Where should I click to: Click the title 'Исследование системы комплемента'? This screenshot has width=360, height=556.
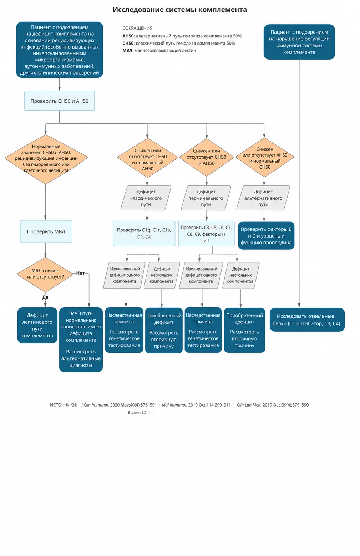click(180, 10)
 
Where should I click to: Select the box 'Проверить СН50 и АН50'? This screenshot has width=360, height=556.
click(60, 101)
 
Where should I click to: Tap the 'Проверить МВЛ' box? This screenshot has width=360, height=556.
click(46, 231)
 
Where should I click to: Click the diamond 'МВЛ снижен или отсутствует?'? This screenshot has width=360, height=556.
click(45, 275)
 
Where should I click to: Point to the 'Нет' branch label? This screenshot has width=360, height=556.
click(80, 273)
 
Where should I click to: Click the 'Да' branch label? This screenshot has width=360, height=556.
click(45, 297)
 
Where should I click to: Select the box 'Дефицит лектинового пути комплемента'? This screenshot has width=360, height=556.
click(37, 325)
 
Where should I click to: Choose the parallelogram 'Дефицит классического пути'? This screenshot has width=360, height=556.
click(146, 198)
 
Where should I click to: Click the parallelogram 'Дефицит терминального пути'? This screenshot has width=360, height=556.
click(206, 198)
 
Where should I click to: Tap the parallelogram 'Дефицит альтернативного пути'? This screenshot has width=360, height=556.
click(263, 198)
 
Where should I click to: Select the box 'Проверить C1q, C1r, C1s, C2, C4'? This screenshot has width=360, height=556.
click(144, 234)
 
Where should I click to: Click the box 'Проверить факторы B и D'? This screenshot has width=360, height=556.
click(266, 235)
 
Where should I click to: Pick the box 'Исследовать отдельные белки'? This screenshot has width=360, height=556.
click(307, 320)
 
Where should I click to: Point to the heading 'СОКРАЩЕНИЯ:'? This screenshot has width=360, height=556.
click(138, 28)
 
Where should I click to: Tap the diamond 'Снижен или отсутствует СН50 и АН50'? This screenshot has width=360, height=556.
click(207, 157)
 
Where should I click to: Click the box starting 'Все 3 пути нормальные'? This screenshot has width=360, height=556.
click(81, 340)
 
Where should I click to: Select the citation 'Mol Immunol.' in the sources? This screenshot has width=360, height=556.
click(174, 405)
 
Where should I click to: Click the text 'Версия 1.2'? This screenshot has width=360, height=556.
click(137, 413)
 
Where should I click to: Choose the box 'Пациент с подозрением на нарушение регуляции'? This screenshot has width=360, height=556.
click(299, 42)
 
